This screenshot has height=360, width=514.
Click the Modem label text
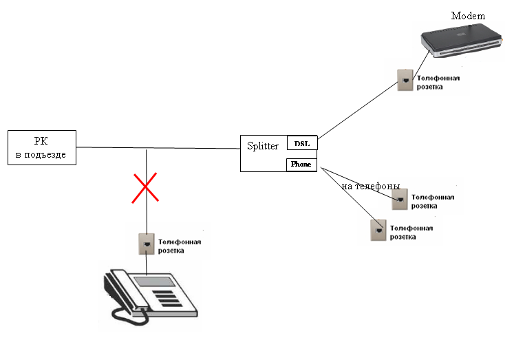click(468, 15)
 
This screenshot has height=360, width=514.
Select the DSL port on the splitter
click(301, 143)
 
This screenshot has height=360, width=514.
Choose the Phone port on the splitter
click(301, 165)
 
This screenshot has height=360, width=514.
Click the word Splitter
click(263, 146)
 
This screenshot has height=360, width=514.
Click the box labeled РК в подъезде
click(41, 147)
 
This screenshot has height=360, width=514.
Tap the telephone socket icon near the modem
click(405, 81)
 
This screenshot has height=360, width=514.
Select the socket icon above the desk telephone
click(147, 243)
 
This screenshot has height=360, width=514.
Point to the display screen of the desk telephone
click(154, 280)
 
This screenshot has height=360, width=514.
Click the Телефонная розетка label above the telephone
click(180, 246)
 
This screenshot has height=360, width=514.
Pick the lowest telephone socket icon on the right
click(377, 230)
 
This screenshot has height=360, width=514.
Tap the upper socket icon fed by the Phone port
click(399, 199)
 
